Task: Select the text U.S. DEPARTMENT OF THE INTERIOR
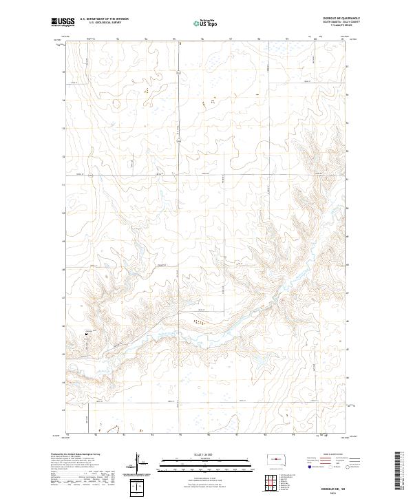104,19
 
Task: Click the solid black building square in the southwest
87,334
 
